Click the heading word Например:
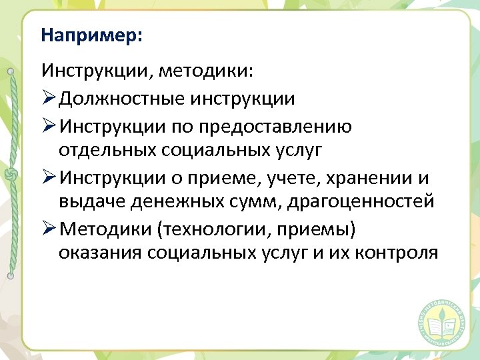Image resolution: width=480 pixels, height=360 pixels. (x=91, y=35)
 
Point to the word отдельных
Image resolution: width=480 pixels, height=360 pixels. (x=107, y=150)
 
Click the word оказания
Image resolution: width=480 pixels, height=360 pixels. (x=100, y=253)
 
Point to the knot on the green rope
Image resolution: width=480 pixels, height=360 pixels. (x=11, y=175)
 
